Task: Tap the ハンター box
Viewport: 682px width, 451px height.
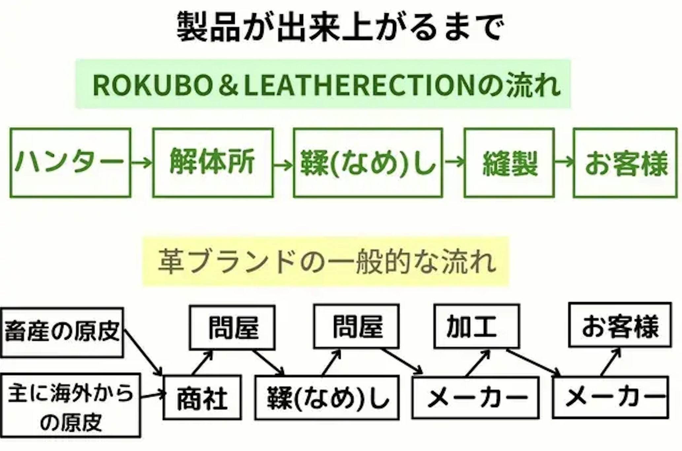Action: [x=70, y=163]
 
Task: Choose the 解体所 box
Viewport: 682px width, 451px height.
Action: [x=213, y=163]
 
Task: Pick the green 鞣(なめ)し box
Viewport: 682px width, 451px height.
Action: [x=368, y=163]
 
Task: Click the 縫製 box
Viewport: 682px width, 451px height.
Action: [x=509, y=163]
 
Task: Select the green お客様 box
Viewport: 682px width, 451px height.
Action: [x=625, y=163]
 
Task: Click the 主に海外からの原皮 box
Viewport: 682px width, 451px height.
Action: [x=70, y=405]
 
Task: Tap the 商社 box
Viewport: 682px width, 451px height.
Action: [x=202, y=398]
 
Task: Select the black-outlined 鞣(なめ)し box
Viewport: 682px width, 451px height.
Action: [x=327, y=398]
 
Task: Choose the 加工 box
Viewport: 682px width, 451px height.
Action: [x=476, y=327]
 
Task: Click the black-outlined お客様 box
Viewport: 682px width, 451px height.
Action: [x=620, y=325]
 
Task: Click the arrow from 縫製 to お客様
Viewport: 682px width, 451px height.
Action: [x=564, y=162]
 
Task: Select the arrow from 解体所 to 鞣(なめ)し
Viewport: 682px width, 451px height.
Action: [x=283, y=164]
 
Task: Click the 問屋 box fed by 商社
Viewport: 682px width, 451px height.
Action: [x=232, y=327]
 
